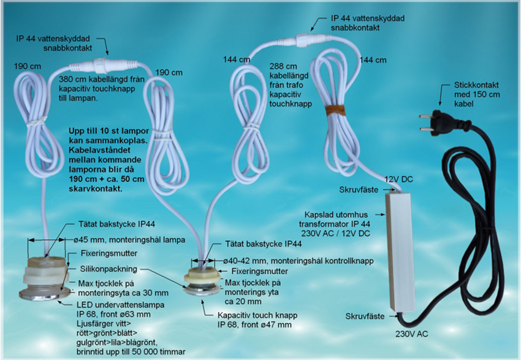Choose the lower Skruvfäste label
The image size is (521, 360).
(365, 316)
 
